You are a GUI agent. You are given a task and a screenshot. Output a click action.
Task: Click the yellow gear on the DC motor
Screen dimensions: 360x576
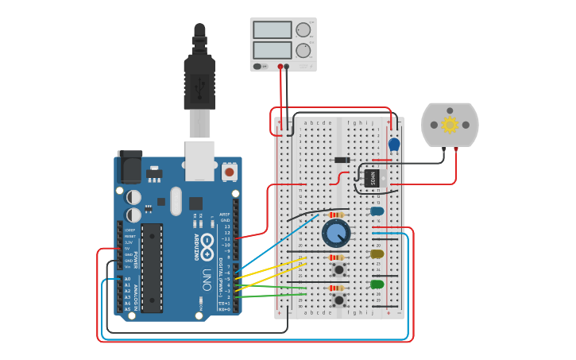coord(450,124)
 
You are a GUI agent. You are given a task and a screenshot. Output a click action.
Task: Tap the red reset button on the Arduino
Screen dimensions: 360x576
coord(229,171)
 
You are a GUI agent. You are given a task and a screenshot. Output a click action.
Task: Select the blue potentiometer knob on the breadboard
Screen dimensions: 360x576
coord(336,233)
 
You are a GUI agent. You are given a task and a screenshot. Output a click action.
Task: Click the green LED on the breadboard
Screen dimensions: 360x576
coord(377,284)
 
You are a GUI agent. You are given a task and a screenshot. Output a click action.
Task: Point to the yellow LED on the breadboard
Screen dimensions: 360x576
coord(377,254)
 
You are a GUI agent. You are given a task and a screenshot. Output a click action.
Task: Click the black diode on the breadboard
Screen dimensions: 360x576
coord(342,160)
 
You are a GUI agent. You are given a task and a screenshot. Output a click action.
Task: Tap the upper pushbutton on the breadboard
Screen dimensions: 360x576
coord(339,269)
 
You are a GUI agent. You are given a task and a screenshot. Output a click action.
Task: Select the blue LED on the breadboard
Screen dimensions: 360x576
coord(377,211)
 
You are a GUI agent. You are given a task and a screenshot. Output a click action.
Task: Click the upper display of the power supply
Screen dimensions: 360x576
coord(272,30)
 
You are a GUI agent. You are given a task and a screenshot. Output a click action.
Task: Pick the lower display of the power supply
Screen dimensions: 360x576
coord(272,50)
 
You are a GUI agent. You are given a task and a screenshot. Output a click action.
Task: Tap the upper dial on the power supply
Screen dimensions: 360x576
coord(303,30)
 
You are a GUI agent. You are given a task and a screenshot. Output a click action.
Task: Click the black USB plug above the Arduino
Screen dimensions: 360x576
coord(199,79)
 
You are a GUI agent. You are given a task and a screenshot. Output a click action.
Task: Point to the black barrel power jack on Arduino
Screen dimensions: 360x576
coord(129,166)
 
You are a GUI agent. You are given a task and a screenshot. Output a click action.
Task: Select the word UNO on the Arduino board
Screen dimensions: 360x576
coord(207,279)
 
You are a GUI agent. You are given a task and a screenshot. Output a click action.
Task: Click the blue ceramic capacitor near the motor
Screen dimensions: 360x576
coord(394,144)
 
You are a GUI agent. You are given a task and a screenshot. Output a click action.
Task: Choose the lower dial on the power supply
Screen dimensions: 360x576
coord(303,50)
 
